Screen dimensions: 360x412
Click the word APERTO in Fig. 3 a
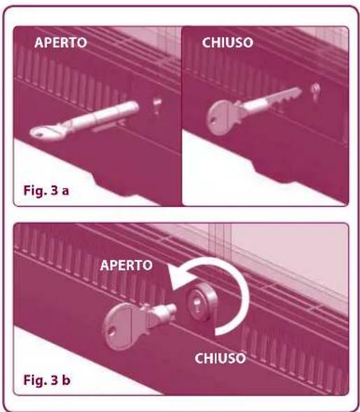tap(61, 43)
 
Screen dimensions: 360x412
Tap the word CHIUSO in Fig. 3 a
tap(227, 43)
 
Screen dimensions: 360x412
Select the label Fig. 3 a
tap(46, 191)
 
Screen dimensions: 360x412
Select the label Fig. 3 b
tap(47, 380)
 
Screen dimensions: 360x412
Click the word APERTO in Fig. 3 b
tap(127, 265)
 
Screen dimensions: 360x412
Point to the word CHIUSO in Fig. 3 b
tap(220, 358)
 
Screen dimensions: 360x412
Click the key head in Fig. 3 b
tap(122, 326)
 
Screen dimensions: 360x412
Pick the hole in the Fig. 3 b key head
tap(112, 332)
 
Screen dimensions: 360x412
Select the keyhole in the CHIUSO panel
tap(315, 91)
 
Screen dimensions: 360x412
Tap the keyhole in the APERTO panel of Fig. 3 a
tap(157, 105)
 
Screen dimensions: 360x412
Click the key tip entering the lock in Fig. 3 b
tap(171, 308)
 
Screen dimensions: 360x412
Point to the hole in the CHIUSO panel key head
tap(212, 122)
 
